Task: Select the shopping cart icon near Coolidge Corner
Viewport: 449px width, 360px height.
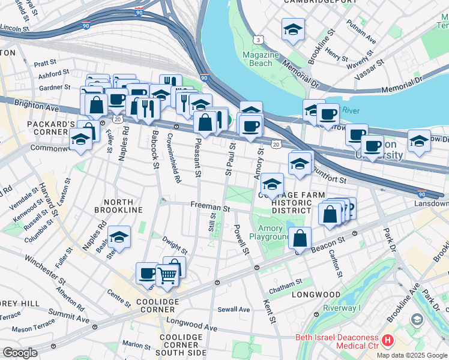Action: (167, 275)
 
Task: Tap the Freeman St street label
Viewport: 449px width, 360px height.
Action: (210, 206)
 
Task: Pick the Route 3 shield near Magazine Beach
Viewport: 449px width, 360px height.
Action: (258, 40)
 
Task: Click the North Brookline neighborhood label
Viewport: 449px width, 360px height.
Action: (118, 210)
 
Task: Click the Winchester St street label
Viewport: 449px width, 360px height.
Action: (45, 268)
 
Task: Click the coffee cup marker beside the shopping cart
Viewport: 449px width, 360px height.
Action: (147, 274)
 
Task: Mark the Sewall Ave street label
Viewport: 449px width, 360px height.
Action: (234, 309)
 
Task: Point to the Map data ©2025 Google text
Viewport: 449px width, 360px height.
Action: (411, 355)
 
